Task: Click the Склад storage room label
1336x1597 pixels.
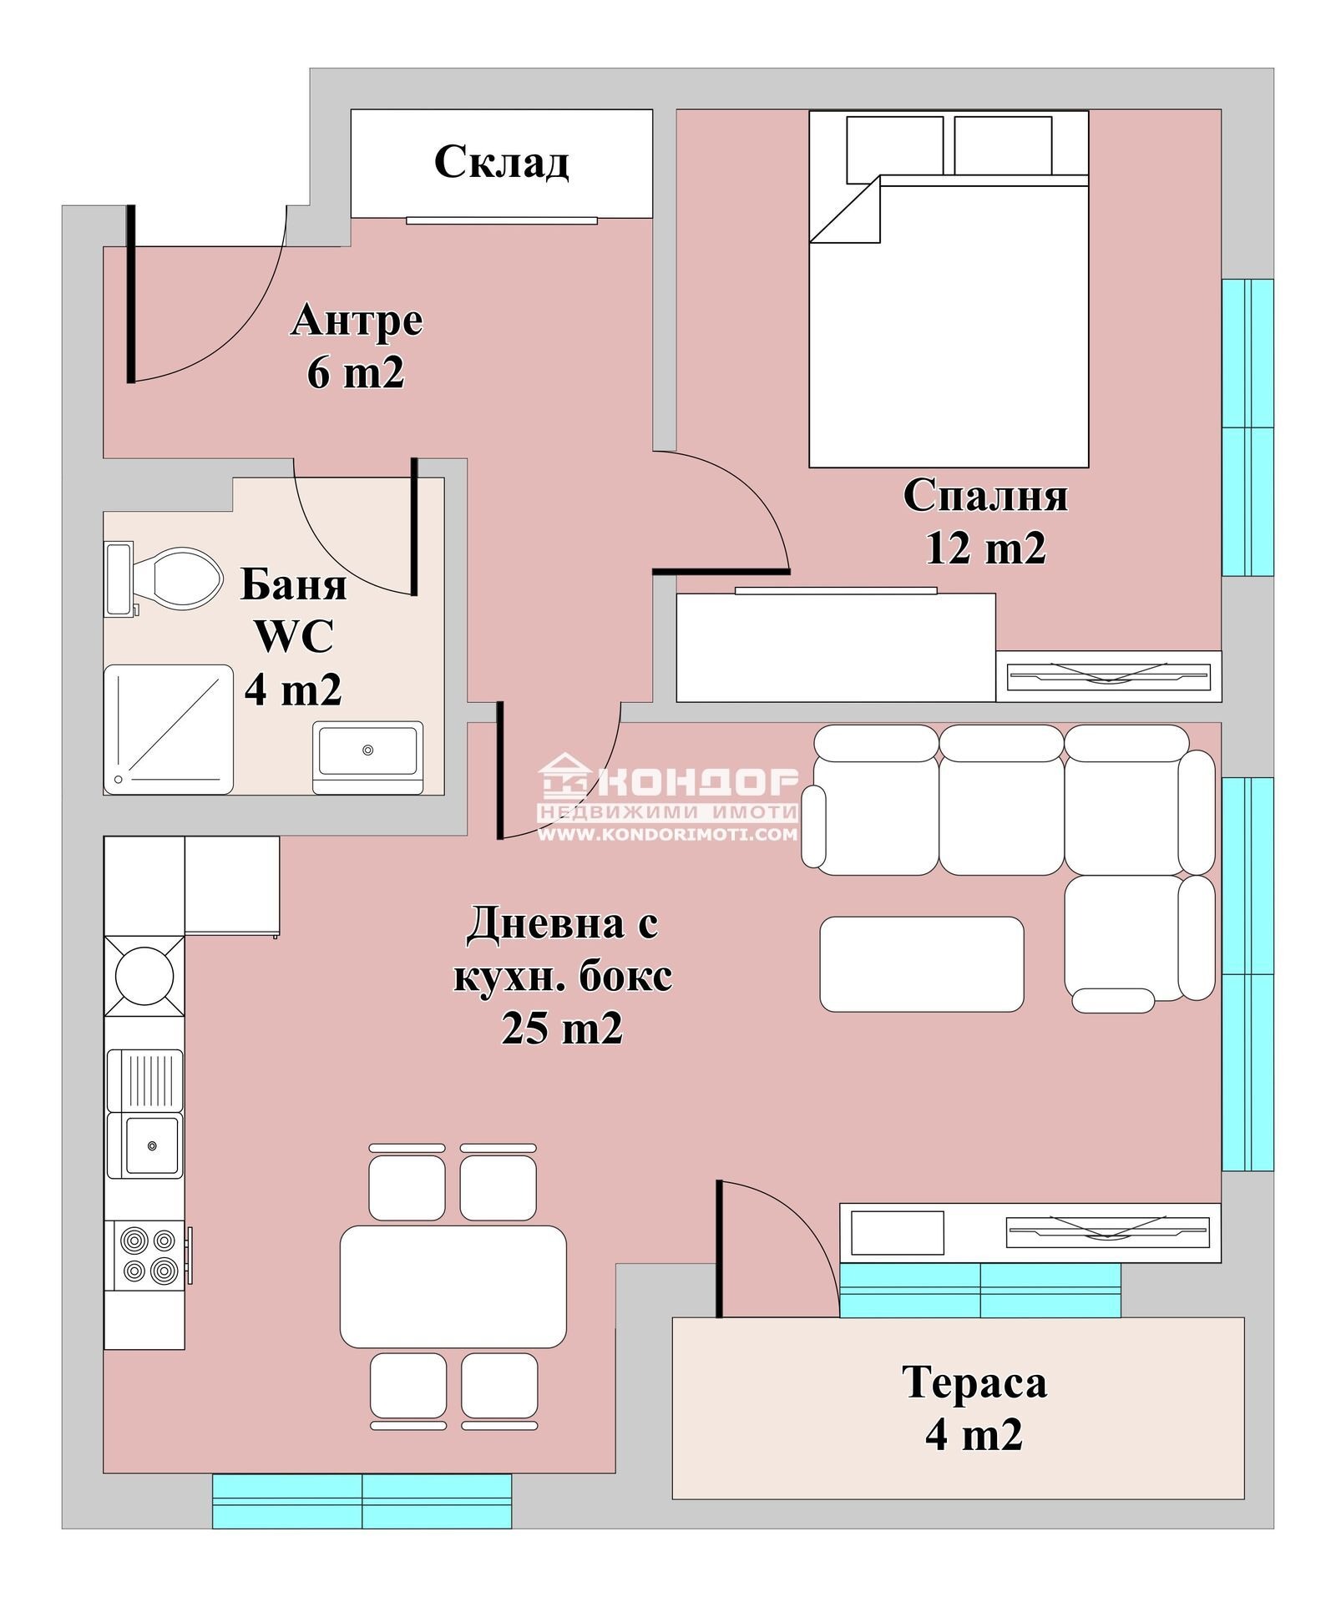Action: pos(501,161)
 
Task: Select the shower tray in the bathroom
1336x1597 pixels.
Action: pos(168,729)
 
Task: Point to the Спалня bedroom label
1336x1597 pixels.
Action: pos(985,496)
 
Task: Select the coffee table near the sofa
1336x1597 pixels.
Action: pos(921,963)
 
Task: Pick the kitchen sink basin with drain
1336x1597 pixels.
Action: pos(152,1146)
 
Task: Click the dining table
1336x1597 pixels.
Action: pos(453,1286)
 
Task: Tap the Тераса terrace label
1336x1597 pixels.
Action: pos(974,1382)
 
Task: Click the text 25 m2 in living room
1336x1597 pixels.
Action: pos(562,1028)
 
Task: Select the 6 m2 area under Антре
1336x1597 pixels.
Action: pos(356,372)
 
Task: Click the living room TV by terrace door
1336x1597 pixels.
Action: pos(1108,1231)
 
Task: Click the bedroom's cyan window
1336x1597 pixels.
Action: pos(1247,427)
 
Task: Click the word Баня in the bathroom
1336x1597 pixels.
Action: pos(293,584)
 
